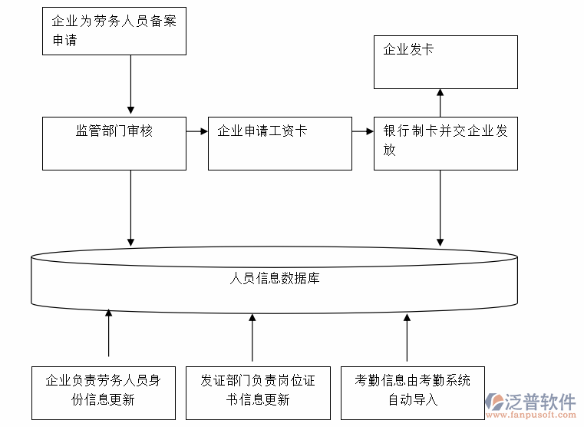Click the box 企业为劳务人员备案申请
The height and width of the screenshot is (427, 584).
tap(114, 31)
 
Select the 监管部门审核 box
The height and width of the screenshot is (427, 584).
tap(114, 143)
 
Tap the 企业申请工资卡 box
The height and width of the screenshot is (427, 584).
tap(280, 143)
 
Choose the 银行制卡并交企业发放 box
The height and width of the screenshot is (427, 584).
tap(445, 143)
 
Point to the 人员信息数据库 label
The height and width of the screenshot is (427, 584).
tap(275, 279)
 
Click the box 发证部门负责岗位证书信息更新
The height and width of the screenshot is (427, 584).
tap(258, 392)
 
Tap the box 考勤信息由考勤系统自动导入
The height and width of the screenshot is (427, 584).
tap(413, 392)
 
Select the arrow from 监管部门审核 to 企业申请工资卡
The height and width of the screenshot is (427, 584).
tap(197, 131)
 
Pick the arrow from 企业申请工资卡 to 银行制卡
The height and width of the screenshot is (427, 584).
tap(363, 131)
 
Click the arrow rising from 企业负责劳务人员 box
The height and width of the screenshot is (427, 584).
tap(108, 333)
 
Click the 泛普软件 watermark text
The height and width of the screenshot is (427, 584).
tap(540, 401)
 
